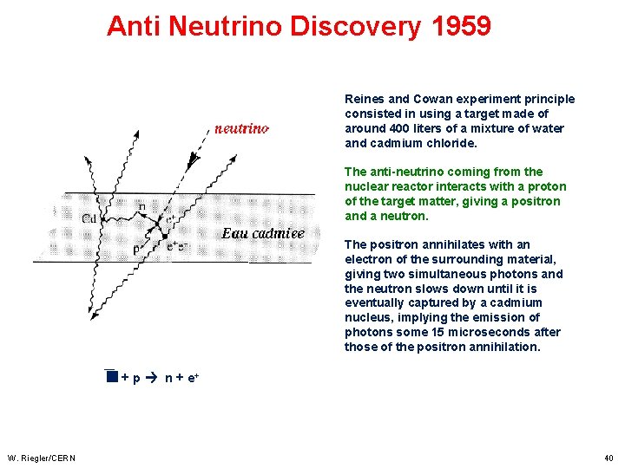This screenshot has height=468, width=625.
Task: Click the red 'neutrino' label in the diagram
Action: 241,128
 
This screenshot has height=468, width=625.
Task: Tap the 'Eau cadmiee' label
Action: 263,233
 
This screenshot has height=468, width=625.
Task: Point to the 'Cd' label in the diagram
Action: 89,218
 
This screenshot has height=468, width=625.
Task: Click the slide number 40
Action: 609,458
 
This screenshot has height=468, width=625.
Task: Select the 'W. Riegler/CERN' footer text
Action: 41,458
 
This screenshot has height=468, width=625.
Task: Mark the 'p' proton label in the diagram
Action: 137,248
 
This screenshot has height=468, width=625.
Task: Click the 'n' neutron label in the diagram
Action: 141,206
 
